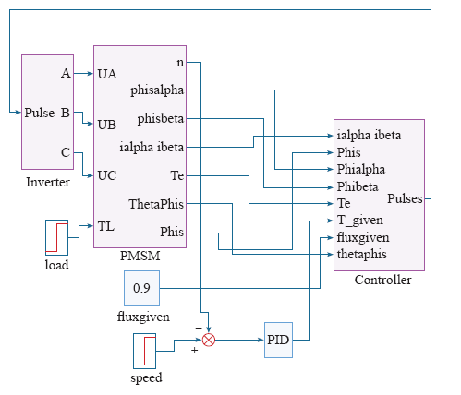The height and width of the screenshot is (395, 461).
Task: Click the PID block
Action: coord(278,340)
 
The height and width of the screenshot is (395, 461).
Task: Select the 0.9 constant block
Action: coord(141,288)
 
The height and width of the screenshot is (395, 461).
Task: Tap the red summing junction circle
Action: coord(209,340)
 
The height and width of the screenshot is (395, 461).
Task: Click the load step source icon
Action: coord(56,237)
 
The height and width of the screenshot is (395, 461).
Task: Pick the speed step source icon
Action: coord(144,351)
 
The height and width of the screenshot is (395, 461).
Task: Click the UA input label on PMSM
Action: coord(107,74)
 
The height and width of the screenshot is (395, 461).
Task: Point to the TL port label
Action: coord(106,226)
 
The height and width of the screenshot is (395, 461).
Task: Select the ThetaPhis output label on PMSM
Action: coord(156,204)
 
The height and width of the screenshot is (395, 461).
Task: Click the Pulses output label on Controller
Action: coord(405,198)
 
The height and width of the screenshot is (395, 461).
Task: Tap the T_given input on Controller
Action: coord(360,221)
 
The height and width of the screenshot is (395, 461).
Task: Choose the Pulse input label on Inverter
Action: coord(40,113)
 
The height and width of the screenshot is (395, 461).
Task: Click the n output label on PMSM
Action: coord(180,63)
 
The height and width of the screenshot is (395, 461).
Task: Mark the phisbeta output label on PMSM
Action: coord(161,119)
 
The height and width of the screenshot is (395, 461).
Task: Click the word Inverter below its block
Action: coord(48,182)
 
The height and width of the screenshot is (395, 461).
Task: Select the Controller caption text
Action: coord(382,280)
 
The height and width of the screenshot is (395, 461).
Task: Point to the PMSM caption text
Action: coord(140,256)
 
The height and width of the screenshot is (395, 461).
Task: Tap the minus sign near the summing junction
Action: coord(199,328)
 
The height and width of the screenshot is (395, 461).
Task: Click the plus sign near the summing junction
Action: coord(194,351)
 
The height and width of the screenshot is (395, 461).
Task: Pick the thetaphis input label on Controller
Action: coord(362,255)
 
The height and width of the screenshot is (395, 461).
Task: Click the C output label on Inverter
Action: coord(66,152)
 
